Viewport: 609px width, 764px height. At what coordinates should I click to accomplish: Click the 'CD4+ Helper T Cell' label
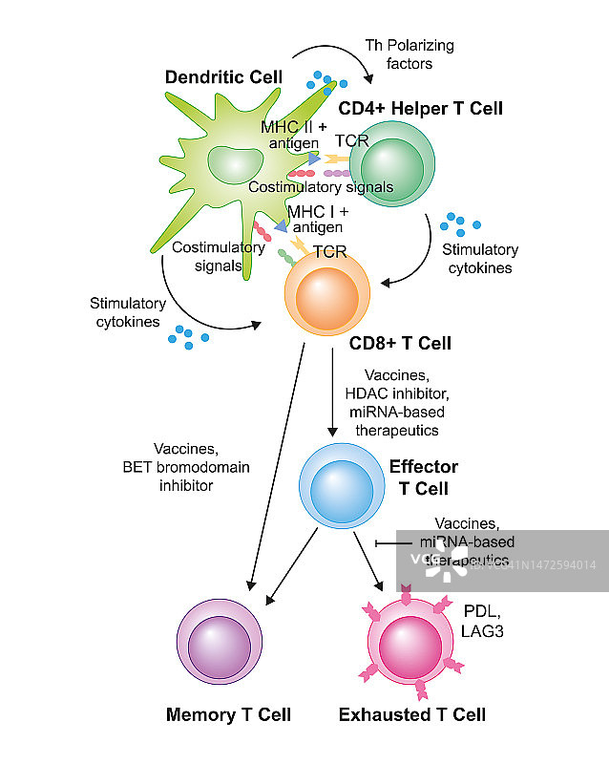tap(420, 108)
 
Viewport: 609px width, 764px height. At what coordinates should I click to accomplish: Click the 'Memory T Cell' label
tap(228, 714)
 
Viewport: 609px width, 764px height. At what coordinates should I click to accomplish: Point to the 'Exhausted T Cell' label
tap(412, 714)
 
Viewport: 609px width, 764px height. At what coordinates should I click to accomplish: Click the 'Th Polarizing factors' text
tap(409, 54)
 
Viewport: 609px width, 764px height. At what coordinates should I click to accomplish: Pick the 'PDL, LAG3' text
tap(485, 618)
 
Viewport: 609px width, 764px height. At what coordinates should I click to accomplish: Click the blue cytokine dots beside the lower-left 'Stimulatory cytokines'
tap(189, 335)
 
